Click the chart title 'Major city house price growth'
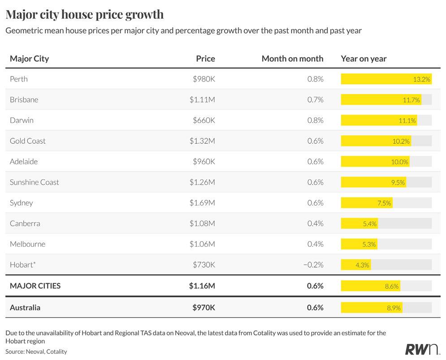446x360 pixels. tap(84, 14)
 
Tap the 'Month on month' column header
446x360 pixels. tap(292, 59)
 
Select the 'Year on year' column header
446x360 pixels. tap(364, 59)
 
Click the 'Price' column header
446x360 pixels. tap(205, 59)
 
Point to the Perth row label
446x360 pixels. tap(19, 79)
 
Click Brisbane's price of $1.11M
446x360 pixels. tap(202, 100)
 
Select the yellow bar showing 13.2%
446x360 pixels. tap(386, 79)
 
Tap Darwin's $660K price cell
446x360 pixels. tap(204, 120)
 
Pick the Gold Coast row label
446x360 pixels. tap(28, 141)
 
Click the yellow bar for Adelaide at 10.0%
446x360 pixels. tap(375, 161)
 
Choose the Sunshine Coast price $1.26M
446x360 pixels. tap(202, 182)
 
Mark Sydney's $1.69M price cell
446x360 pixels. tap(202, 203)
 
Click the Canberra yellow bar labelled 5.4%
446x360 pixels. tap(359, 223)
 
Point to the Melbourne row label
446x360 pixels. tap(28, 244)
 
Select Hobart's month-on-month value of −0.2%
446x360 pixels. tap(313, 265)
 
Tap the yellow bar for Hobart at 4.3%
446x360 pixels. tap(356, 265)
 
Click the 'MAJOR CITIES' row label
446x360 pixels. tap(35, 286)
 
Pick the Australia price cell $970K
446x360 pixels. tap(204, 308)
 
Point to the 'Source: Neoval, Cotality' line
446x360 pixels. tap(36, 351)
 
